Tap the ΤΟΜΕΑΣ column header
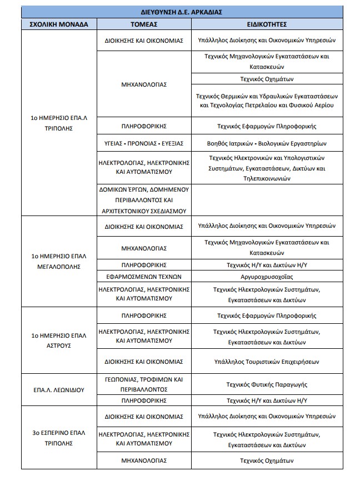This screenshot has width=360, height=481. tap(144, 24)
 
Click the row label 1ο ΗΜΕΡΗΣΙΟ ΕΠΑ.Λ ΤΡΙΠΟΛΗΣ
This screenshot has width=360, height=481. tap(59, 123)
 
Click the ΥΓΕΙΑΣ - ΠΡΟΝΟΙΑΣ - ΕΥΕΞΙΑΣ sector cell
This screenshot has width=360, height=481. tap(144, 143)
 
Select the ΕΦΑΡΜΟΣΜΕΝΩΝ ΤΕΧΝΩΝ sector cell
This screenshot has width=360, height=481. tap(144, 276)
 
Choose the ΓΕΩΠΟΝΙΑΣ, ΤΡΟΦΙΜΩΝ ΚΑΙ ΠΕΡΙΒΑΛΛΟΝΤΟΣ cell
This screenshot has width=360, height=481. tap(144, 384)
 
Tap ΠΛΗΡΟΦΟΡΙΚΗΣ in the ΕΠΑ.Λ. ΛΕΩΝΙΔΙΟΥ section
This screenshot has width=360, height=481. tap(144, 400)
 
